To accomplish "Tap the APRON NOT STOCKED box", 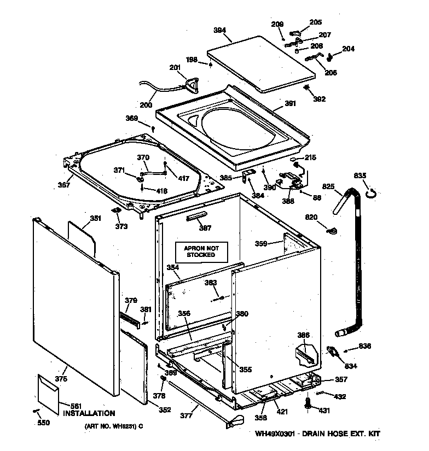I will [200, 251].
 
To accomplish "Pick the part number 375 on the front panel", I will [61, 379].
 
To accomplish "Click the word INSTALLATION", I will [89, 414].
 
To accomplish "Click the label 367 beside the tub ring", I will [64, 185].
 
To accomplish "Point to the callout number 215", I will [310, 158].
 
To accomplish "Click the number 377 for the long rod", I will [187, 416].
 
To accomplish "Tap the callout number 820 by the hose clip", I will [311, 218].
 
